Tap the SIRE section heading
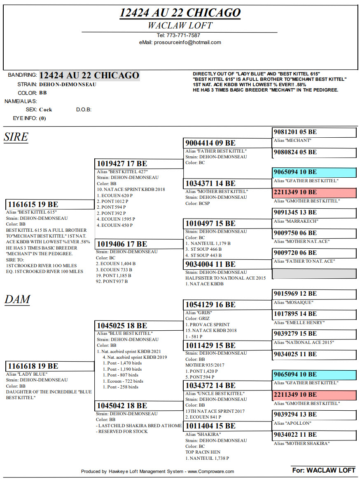pyautogui.click(x=16, y=137)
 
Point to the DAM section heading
pyautogui.click(x=17, y=299)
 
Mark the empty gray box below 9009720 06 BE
pyautogui.click(x=314, y=273)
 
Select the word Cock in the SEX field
pyautogui.click(x=46, y=110)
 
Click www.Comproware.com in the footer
pyautogui.click(x=210, y=471)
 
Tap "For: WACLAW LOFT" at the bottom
pyautogui.click(x=323, y=470)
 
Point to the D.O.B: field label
pyautogui.click(x=84, y=110)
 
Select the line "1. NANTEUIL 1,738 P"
pyautogui.click(x=207, y=458)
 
